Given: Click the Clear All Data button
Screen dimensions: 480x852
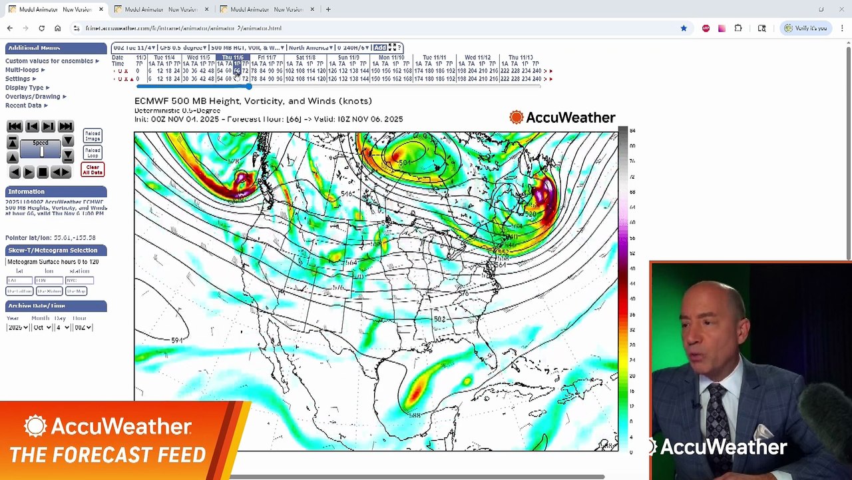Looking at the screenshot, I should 93,170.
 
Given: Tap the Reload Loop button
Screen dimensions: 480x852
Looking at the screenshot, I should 93,153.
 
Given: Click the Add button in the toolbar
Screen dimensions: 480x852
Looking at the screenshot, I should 379,47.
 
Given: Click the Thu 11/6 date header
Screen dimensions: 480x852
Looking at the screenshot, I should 232,58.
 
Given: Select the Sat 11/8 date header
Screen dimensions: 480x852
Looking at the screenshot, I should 306,58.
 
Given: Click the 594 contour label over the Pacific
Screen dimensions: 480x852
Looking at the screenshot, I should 177,341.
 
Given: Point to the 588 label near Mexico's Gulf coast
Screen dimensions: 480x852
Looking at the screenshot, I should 415,415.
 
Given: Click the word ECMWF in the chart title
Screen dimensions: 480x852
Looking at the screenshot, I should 152,101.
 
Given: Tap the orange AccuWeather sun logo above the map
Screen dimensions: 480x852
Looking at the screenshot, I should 517,118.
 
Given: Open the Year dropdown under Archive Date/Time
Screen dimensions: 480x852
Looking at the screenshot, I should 17,327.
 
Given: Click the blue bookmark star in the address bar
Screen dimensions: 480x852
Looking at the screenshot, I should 684,28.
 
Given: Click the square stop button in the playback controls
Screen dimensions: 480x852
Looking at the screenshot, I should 43,172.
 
